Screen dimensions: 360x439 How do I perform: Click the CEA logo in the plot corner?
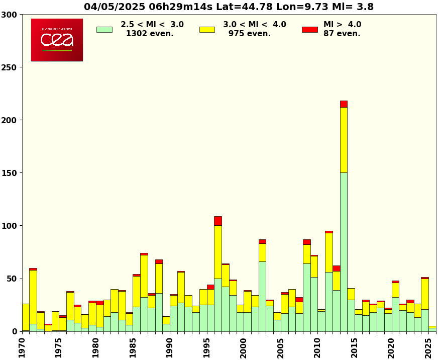click(57, 40)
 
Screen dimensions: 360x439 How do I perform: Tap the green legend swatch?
click(104, 29)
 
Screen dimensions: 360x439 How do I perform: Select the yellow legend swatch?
click(207, 29)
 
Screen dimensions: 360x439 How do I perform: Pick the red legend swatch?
click(309, 29)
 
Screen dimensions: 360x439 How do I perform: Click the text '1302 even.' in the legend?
click(150, 34)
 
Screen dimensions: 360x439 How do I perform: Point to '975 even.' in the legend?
click(250, 34)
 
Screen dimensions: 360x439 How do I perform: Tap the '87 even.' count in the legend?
click(342, 34)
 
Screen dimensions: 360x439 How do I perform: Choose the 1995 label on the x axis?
click(207, 347)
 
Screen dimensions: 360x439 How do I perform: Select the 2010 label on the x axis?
click(317, 347)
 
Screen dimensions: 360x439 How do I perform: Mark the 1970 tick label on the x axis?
click(22, 347)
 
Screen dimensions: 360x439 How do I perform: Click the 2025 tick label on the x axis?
click(428, 347)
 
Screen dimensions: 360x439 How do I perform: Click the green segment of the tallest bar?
click(344, 251)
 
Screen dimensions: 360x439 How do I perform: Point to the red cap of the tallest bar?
click(344, 104)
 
